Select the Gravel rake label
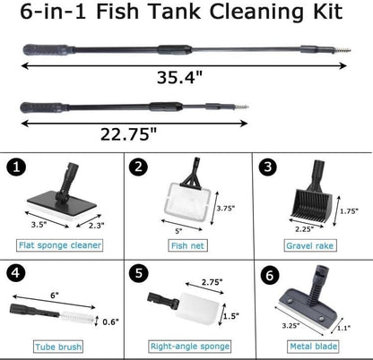pos(309,244)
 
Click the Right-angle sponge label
pos(186,347)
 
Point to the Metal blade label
pos(309,347)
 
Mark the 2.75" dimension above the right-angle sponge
pos(213,282)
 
